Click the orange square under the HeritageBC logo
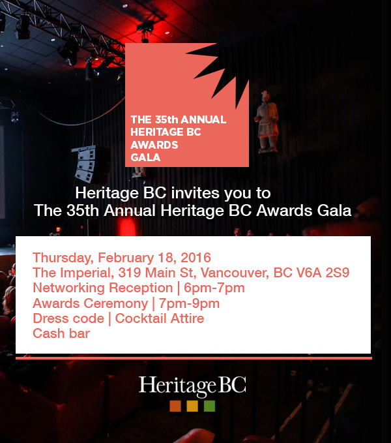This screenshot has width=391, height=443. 175,406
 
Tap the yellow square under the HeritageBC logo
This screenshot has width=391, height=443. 192,406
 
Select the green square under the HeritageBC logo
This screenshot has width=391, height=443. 209,406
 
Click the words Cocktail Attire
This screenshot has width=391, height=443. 160,318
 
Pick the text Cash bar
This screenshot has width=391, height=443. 61,333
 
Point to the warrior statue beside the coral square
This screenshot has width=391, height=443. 266,121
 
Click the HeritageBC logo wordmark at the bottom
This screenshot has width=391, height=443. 192,385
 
